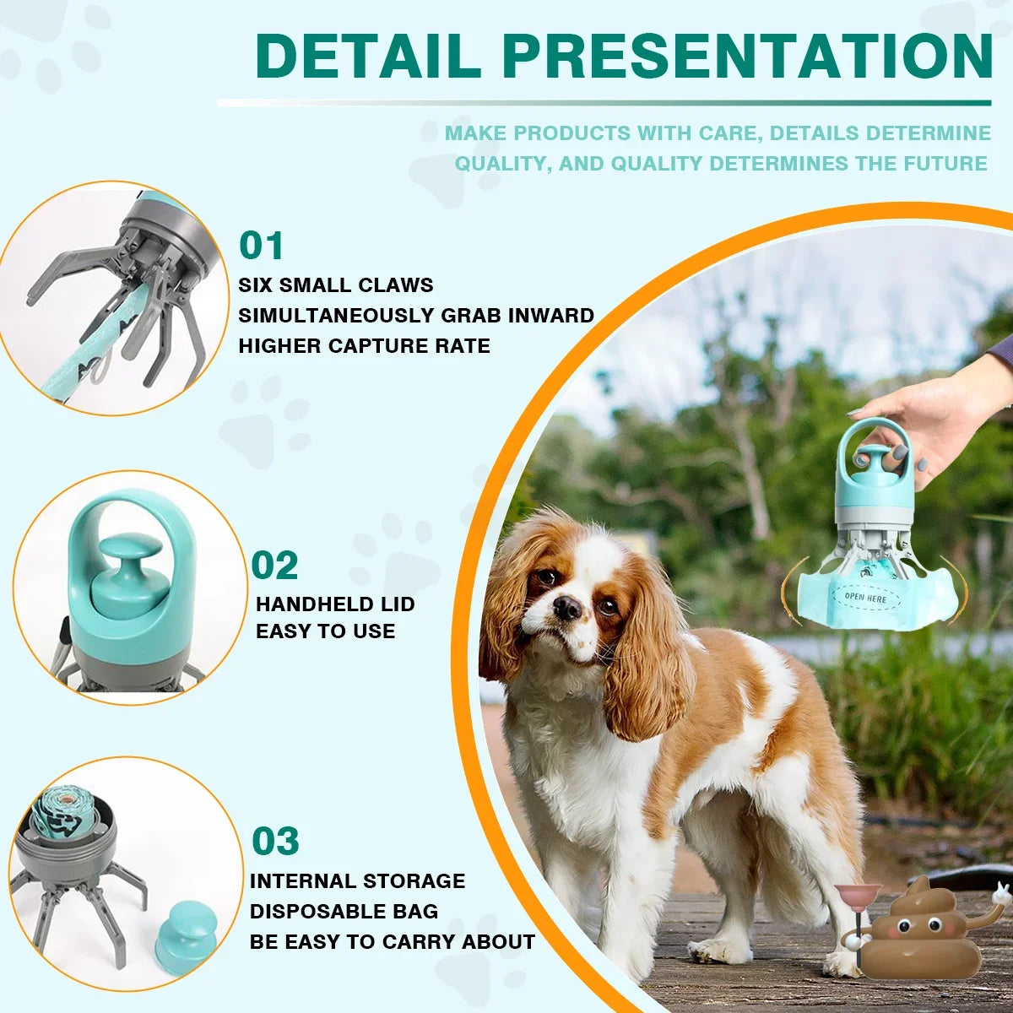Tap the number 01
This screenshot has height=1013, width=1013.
(262, 246)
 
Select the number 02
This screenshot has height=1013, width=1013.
(275, 566)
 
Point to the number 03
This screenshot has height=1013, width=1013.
(275, 842)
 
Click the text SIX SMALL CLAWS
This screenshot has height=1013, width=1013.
(336, 285)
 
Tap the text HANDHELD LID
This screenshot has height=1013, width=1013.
(335, 604)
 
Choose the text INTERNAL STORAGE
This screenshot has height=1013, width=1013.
(357, 881)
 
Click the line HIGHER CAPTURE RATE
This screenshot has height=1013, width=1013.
(364, 346)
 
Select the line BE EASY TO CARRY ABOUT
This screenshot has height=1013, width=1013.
(393, 942)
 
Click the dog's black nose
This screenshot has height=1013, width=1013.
(566, 607)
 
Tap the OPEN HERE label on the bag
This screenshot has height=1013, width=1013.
(865, 597)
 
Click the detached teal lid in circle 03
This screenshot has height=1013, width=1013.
(181, 935)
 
